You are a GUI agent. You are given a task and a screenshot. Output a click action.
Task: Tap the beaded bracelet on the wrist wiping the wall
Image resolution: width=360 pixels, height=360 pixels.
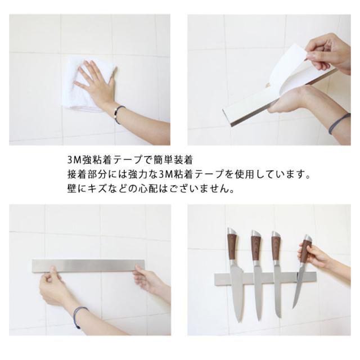[119, 114]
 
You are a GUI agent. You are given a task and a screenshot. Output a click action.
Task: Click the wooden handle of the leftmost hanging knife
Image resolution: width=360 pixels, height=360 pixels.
[232, 246]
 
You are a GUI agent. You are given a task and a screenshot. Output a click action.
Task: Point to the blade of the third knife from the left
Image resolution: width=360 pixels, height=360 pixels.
[277, 291]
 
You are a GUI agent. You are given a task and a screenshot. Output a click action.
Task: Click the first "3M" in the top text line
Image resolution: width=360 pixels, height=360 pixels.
[74, 160]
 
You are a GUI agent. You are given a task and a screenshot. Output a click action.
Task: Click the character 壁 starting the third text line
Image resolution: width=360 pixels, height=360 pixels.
[72, 189]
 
